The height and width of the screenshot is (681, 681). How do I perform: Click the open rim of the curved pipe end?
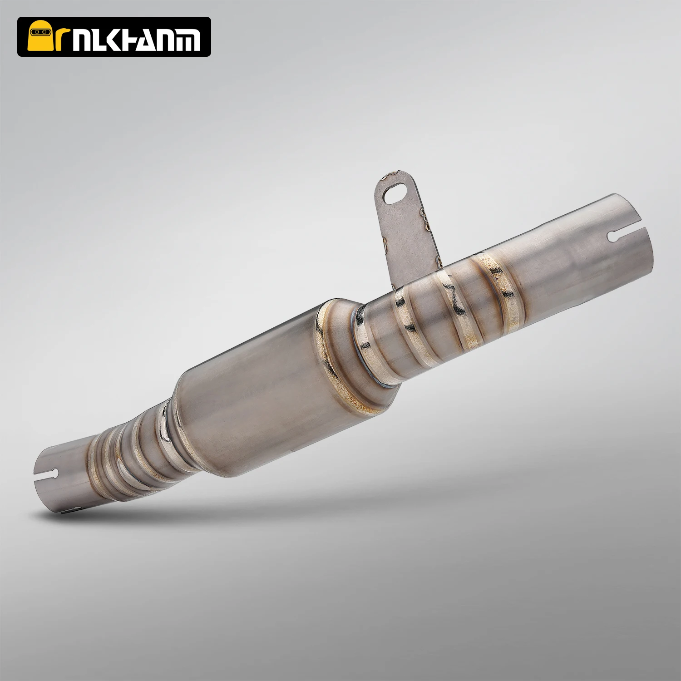tap(45, 481)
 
